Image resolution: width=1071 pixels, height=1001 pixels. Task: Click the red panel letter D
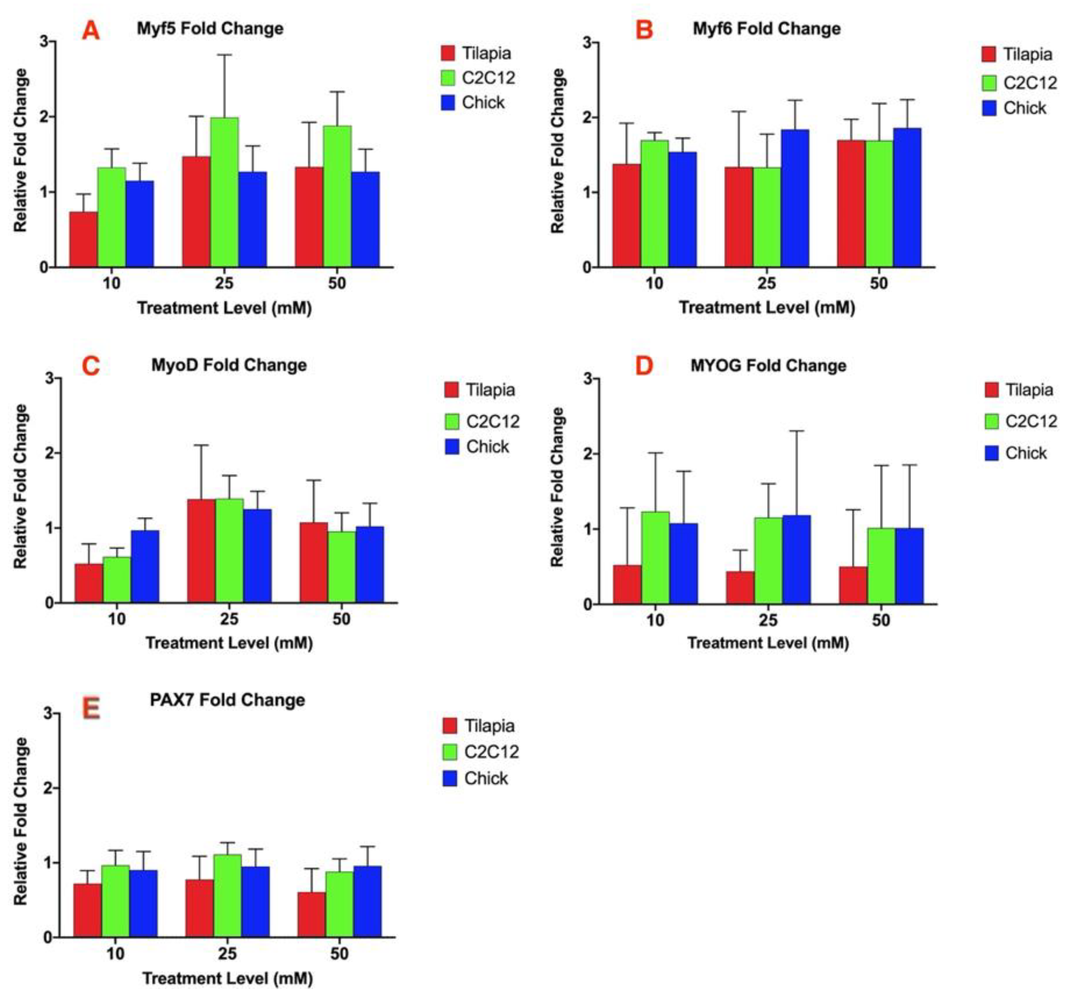(x=644, y=366)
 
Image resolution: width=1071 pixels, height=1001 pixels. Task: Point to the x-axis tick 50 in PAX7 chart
(x=339, y=953)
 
